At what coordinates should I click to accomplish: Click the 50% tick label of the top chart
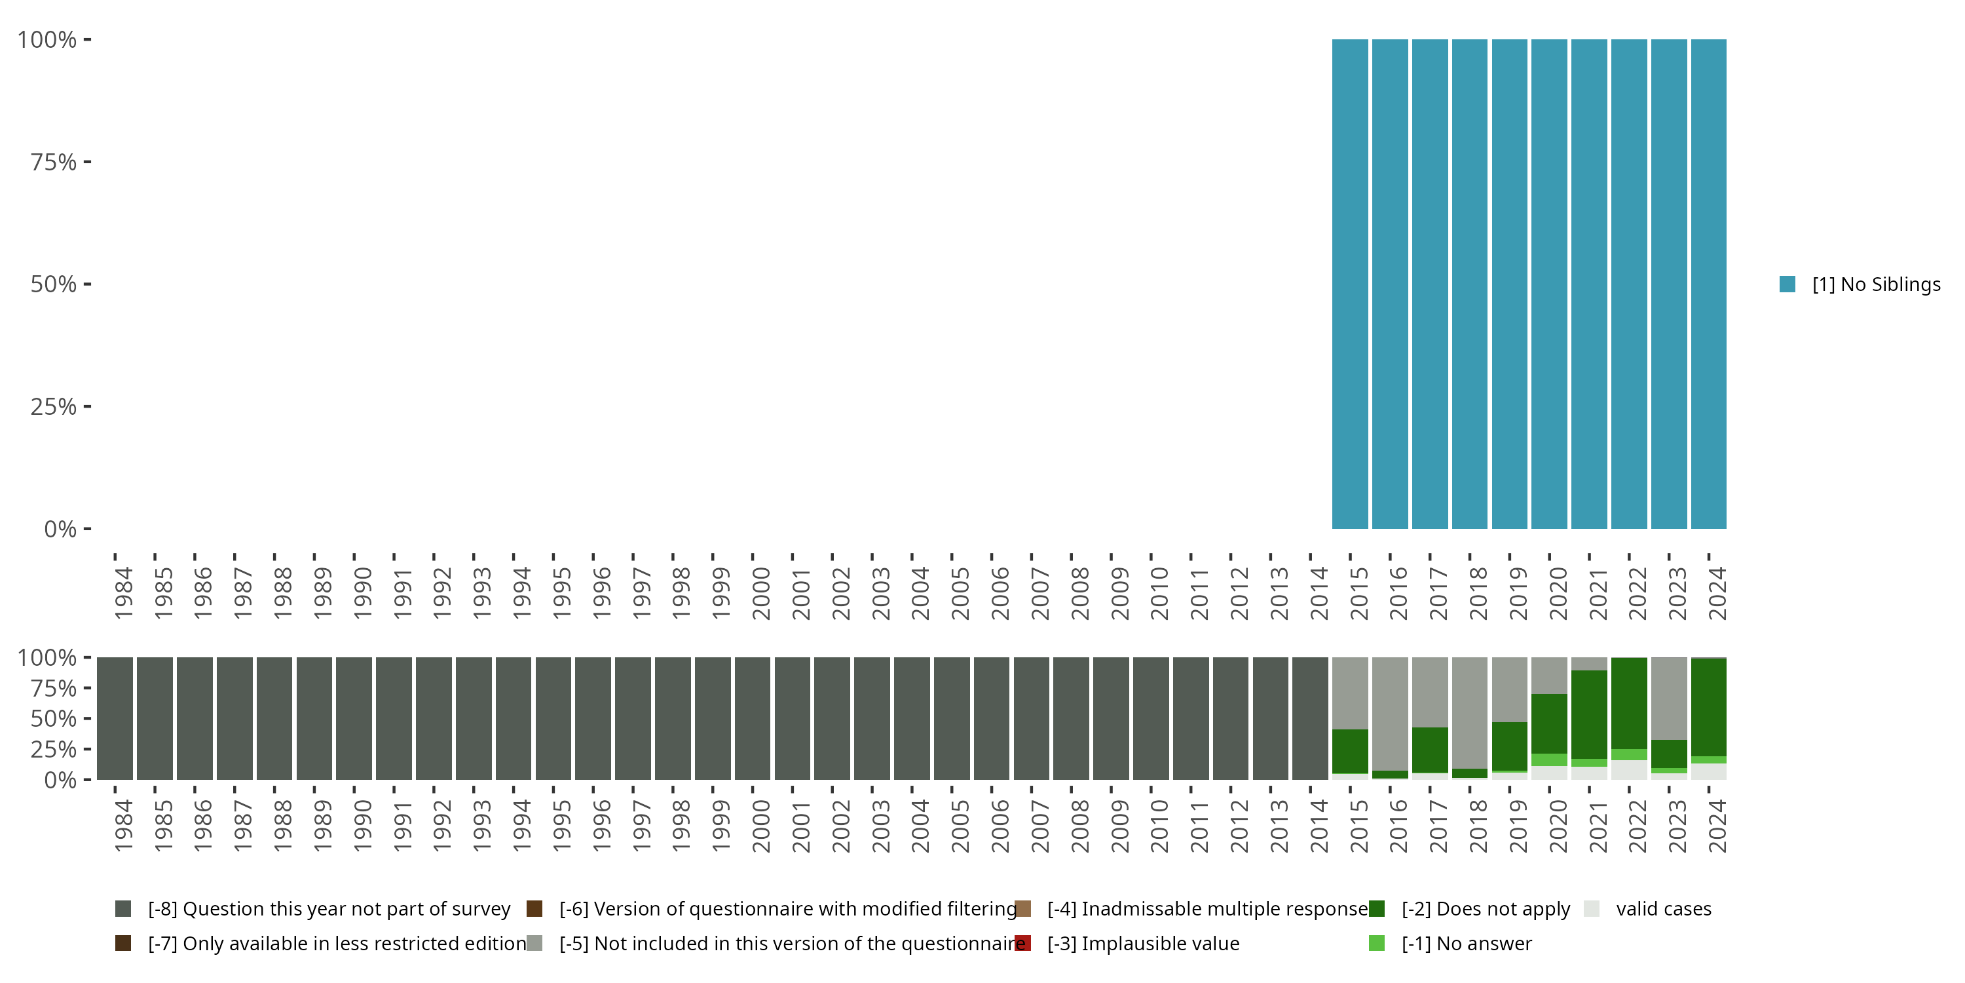(54, 284)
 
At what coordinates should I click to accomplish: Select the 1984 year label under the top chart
(124, 593)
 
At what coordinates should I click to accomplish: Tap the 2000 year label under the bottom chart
(760, 826)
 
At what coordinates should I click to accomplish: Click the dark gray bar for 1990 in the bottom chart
(354, 718)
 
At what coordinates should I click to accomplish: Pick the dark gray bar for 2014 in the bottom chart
(1310, 718)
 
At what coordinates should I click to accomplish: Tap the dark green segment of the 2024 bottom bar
(1708, 706)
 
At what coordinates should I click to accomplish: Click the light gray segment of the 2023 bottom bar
(1668, 697)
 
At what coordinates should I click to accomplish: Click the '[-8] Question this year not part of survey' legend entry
(328, 909)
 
